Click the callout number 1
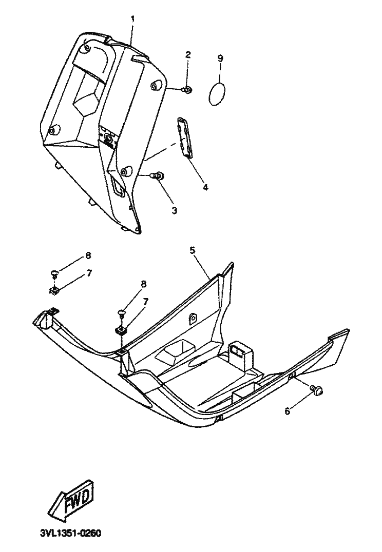132,19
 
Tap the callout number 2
188,55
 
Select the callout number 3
174,210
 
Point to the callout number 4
205,187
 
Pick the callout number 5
192,250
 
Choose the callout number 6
287,411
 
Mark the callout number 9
220,58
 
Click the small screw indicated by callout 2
187,90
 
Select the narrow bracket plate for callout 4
186,136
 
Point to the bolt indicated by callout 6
317,391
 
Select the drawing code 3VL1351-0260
70,534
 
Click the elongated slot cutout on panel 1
118,187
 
